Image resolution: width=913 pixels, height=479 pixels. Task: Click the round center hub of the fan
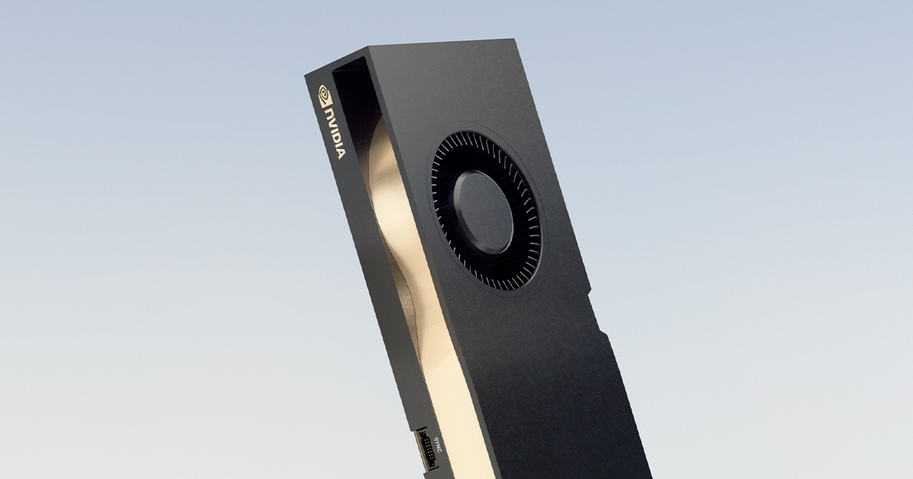[483, 211]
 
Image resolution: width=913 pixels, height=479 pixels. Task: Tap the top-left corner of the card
[307, 75]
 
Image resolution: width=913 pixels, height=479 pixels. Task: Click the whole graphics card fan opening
[485, 211]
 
